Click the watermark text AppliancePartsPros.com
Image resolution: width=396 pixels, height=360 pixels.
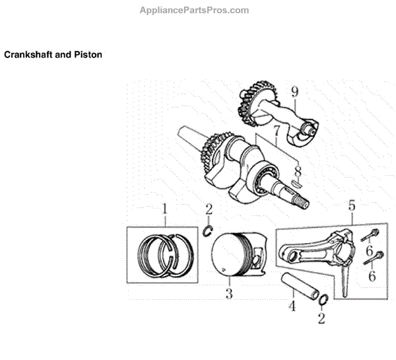point(194,10)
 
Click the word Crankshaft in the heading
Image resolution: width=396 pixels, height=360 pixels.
point(26,55)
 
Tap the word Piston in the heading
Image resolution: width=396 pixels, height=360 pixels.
point(88,55)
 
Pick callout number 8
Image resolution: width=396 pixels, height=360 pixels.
point(298,171)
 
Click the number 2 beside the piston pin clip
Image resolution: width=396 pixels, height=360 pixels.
point(321,319)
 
